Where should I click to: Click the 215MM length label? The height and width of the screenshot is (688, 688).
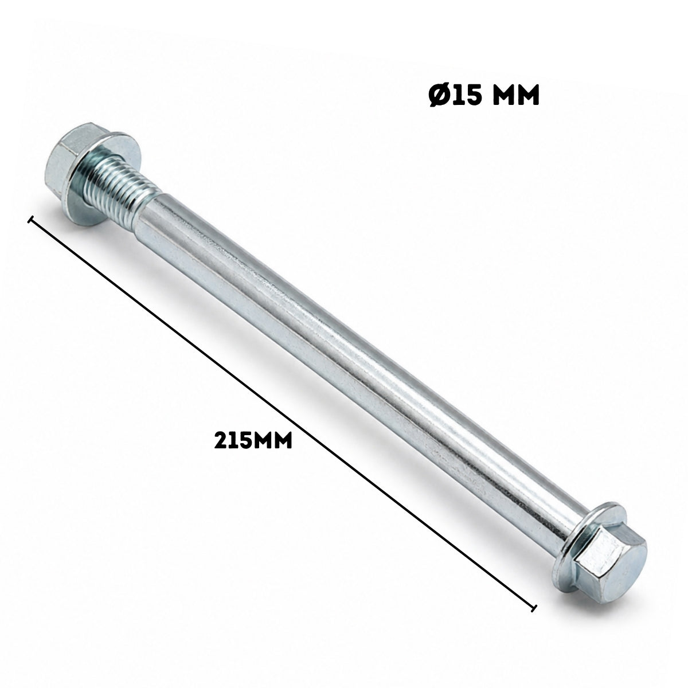click(253, 440)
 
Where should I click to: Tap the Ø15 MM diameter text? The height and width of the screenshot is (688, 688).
click(484, 96)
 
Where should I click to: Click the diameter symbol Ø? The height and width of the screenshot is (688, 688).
click(440, 96)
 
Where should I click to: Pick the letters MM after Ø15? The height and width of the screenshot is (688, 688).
click(515, 96)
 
